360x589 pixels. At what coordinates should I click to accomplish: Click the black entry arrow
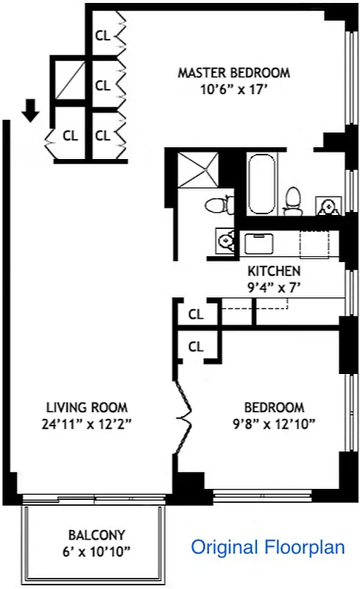[30, 110]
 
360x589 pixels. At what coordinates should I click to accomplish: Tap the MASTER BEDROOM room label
[233, 73]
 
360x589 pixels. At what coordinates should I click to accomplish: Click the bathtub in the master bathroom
[261, 183]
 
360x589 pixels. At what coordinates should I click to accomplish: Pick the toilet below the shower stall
[219, 204]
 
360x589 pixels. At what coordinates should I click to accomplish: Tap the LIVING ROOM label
[87, 407]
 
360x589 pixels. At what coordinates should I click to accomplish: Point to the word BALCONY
[96, 535]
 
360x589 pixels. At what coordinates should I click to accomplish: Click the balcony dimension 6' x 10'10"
[96, 550]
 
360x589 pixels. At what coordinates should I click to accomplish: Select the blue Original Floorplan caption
[268, 547]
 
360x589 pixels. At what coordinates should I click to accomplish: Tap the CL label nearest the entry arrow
[70, 135]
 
